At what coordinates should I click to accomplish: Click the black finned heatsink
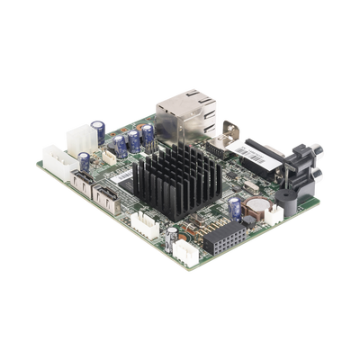175,181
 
